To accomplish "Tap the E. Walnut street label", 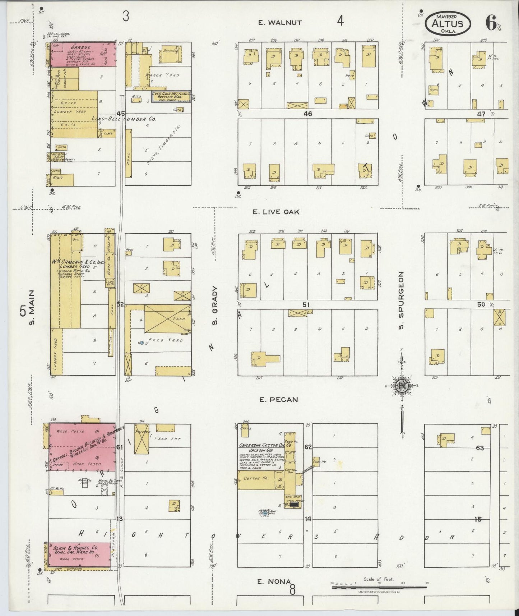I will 280,23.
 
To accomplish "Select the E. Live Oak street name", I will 275,212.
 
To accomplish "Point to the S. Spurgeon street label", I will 401,300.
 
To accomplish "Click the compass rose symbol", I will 401,386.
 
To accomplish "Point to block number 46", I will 307,114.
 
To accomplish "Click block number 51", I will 306,305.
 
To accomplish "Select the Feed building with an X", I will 167,319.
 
